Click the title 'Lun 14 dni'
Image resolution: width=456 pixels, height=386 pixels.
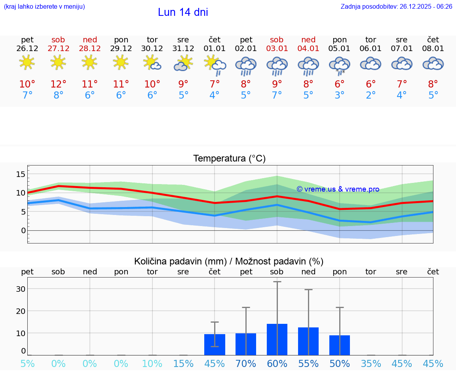point(183,12)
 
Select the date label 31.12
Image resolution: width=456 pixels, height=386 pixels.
point(183,49)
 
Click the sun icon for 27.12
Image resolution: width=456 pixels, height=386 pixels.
point(58,63)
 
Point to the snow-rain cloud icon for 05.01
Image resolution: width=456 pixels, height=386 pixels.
point(340,65)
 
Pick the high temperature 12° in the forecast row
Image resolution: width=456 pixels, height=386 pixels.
point(58,84)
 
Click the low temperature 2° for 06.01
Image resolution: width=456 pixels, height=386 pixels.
point(371,95)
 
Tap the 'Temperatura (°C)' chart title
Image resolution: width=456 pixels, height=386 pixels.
point(229,158)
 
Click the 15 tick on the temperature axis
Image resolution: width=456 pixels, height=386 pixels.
point(21,174)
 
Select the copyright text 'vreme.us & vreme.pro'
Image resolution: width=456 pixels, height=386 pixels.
point(338,189)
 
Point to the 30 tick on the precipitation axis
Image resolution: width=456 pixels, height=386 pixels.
point(21,289)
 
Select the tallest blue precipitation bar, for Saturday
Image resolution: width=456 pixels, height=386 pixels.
point(277,339)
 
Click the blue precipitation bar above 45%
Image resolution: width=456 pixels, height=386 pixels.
point(215,344)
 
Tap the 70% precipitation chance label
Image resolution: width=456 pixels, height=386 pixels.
point(246,364)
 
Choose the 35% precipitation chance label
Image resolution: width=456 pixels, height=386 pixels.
point(371,364)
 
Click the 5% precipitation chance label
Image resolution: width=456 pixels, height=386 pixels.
point(27,364)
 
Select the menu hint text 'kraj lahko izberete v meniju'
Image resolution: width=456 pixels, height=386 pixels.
point(44,6)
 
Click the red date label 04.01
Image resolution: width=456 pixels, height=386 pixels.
point(308,49)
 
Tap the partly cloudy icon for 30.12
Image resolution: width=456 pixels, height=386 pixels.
point(152,63)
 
